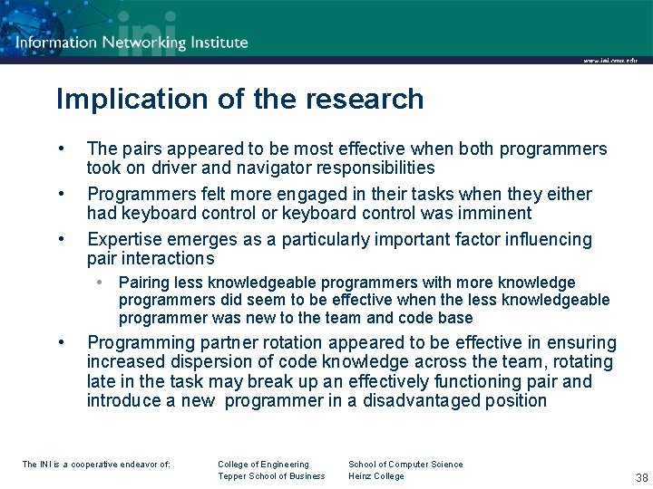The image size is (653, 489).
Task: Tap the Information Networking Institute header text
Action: [132, 42]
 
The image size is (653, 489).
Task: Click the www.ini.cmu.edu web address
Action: [609, 61]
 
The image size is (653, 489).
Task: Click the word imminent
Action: [487, 214]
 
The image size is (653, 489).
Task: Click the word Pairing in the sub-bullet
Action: [145, 283]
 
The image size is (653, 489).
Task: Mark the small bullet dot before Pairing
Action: [103, 283]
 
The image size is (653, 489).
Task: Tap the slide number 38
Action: [641, 478]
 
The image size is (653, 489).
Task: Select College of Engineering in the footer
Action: [263, 465]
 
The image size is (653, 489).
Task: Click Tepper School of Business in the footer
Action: [271, 476]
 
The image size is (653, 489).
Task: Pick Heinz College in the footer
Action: [376, 476]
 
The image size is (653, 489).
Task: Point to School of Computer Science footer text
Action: [405, 465]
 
